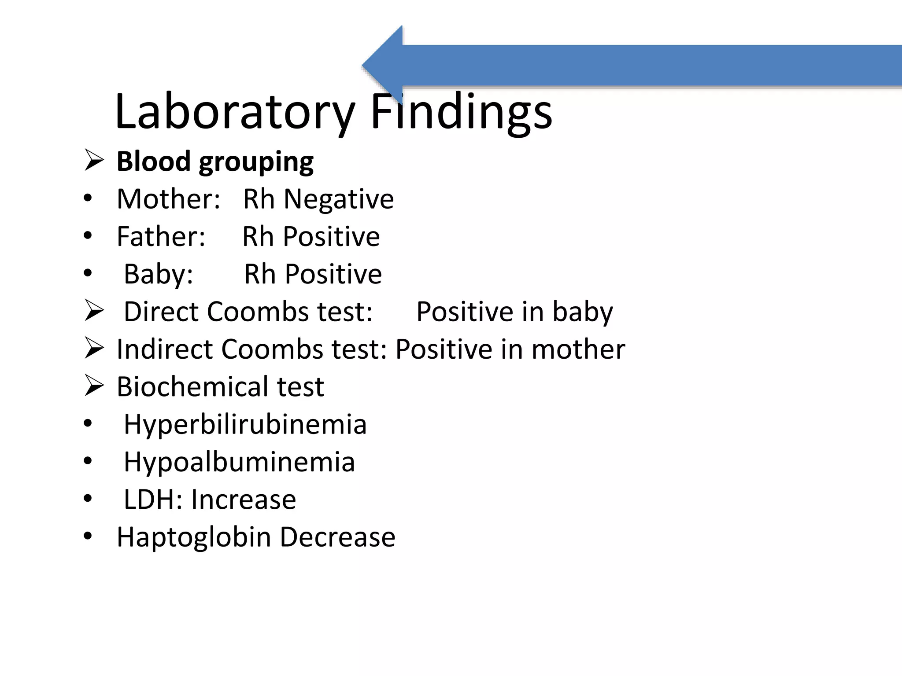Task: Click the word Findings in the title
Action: point(461,112)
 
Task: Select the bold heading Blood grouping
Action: point(215,162)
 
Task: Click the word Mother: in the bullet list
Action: point(168,199)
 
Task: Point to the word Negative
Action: point(338,199)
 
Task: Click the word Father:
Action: point(161,236)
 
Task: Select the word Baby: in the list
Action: point(159,274)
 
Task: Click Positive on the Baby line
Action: point(333,274)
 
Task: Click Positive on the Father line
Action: point(331,236)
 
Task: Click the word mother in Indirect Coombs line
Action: point(578,349)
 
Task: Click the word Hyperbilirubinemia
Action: point(245,424)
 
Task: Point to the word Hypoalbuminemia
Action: point(239,462)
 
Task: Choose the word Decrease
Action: point(337,537)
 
